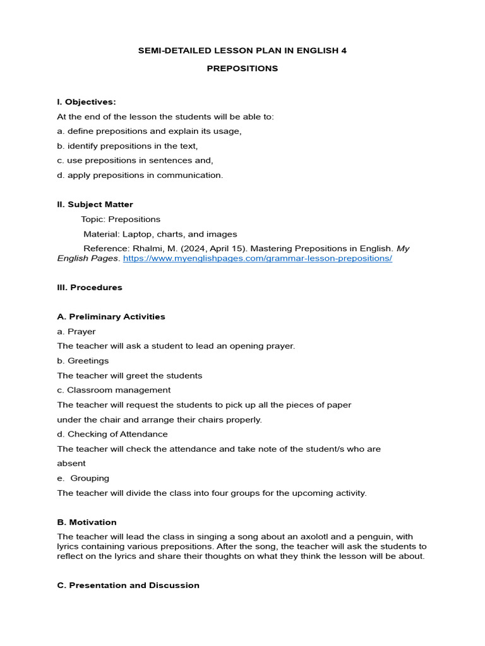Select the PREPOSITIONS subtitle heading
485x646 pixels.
click(242, 68)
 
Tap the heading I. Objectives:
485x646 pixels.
click(87, 102)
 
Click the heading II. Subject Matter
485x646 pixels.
click(95, 204)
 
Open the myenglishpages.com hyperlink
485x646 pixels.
click(258, 259)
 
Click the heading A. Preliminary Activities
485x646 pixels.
click(111, 317)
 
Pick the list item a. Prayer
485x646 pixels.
click(76, 331)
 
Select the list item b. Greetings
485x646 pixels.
click(83, 361)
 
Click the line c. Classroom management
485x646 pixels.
click(114, 390)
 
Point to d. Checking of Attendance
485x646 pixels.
click(112, 434)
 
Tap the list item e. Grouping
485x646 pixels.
click(83, 478)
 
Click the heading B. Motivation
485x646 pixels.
click(87, 522)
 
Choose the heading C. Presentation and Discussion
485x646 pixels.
click(128, 585)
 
